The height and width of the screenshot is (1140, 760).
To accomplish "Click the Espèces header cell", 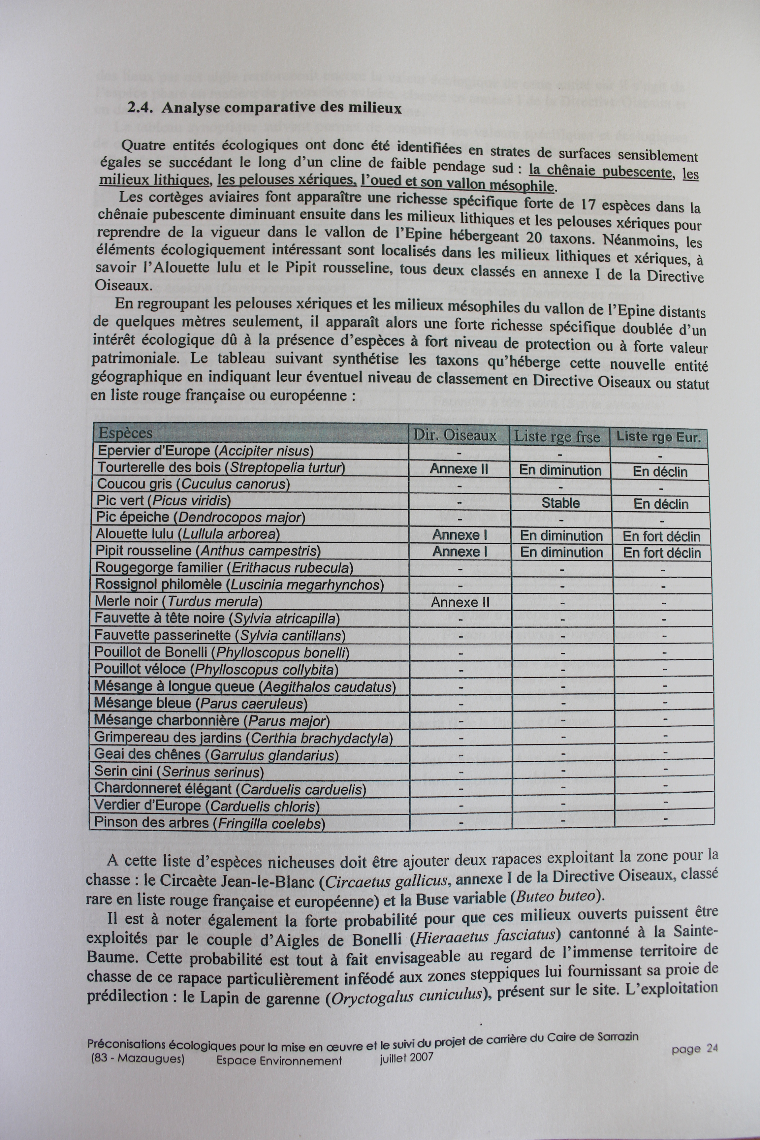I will pos(126,433).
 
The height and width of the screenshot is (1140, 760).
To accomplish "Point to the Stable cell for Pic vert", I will pos(560,503).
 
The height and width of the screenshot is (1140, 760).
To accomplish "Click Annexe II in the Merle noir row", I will pos(460,602).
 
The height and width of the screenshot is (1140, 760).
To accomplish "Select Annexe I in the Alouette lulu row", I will pos(459,535).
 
